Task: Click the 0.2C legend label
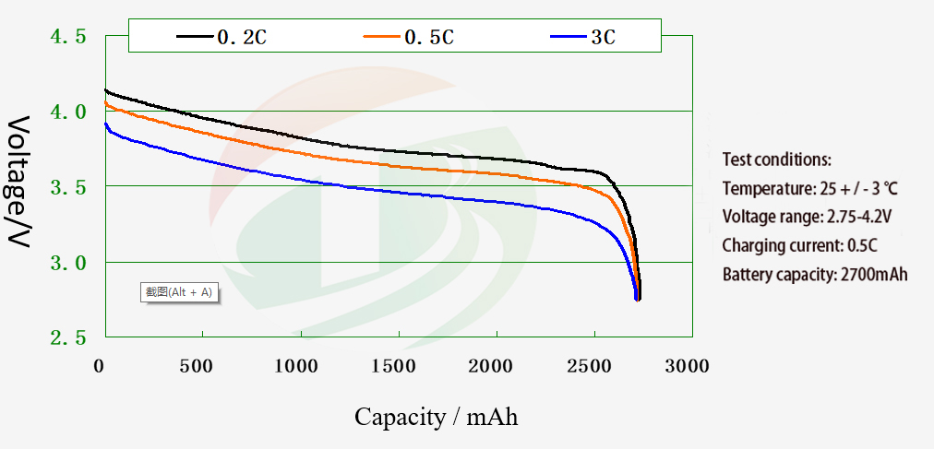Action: pos(242,38)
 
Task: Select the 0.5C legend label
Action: pos(429,38)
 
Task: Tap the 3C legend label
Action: pos(603,38)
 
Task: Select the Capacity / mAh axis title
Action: pos(436,417)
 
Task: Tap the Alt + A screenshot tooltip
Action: pos(179,292)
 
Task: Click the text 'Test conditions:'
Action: pos(776,159)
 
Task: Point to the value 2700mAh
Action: pos(874,275)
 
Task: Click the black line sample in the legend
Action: pos(195,37)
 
